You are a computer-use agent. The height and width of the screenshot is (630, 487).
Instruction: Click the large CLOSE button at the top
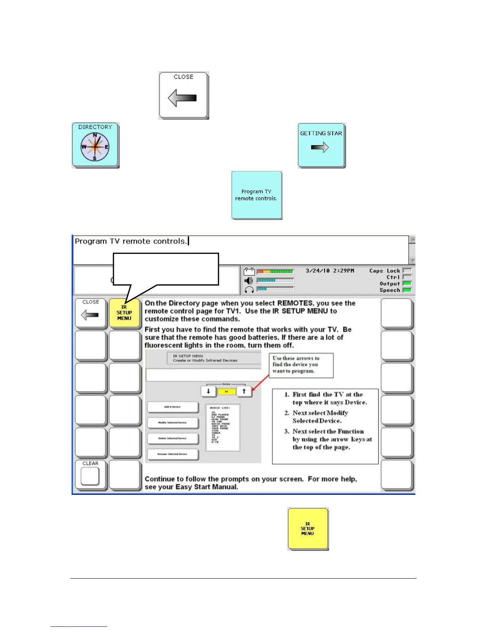(183, 95)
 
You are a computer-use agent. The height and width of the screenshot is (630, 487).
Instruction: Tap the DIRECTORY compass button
(95, 145)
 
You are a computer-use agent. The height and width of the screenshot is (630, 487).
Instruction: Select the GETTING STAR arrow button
(321, 145)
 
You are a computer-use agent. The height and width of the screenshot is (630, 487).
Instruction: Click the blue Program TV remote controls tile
(257, 195)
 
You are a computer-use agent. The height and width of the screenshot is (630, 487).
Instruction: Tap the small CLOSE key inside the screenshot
(91, 313)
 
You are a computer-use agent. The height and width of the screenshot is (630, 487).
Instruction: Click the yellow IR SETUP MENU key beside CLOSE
(124, 313)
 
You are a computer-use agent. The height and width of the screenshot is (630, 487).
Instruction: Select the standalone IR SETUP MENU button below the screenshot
(308, 529)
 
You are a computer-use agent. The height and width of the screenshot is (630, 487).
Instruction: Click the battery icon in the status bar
(249, 272)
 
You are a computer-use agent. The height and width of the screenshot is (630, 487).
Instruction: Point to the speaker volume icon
(249, 280)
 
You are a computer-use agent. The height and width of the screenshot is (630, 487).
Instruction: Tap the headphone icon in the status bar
(249, 290)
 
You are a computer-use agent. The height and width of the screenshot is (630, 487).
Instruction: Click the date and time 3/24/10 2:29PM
(329, 271)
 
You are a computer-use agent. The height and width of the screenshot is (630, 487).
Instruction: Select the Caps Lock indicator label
(384, 271)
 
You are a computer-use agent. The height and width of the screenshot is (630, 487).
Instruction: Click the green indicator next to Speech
(407, 290)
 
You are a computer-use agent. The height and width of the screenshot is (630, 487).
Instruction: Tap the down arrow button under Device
(208, 391)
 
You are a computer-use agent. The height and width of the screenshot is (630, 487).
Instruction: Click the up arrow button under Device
(244, 391)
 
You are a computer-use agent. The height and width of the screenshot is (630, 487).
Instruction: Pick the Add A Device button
(173, 407)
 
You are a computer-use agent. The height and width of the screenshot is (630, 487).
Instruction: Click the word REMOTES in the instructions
(294, 303)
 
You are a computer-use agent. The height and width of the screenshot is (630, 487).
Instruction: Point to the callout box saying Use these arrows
(301, 365)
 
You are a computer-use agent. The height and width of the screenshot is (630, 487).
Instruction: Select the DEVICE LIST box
(223, 428)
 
